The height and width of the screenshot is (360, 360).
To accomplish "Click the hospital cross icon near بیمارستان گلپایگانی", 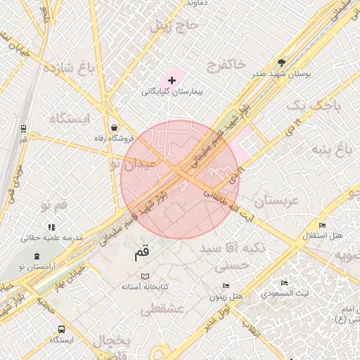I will [x=172, y=81].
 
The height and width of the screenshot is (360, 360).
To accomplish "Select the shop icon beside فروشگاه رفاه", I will [x=114, y=127].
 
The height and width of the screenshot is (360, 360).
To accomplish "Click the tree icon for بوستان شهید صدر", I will [x=282, y=63].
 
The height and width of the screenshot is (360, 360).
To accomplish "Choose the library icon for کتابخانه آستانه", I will [x=145, y=276].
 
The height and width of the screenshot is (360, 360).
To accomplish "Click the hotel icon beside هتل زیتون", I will [x=226, y=285].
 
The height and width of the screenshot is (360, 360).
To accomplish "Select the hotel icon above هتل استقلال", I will [x=322, y=224].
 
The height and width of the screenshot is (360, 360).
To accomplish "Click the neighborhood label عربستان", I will [x=276, y=201].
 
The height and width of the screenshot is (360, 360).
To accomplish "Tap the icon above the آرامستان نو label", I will [x=37, y=254].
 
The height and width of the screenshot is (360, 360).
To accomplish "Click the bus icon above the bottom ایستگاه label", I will [x=61, y=328].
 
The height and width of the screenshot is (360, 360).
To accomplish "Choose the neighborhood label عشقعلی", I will [x=162, y=308].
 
